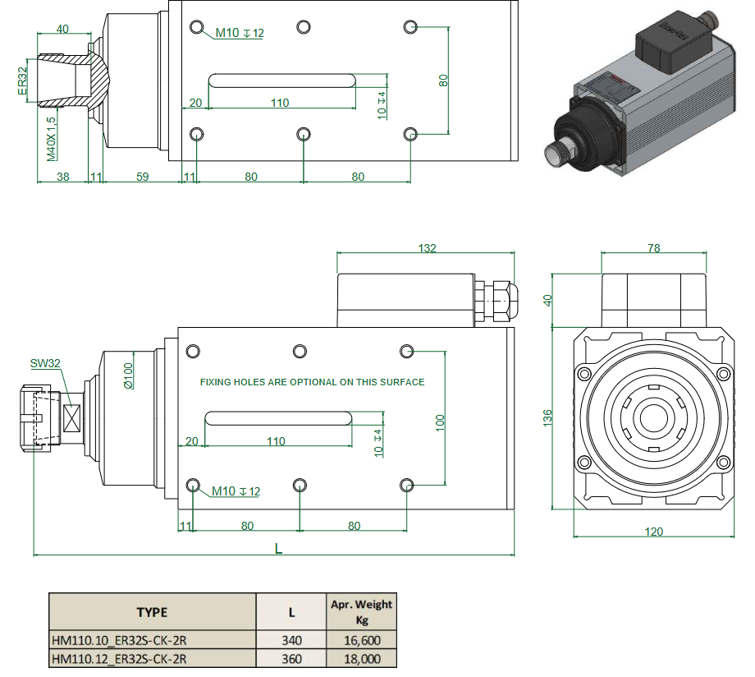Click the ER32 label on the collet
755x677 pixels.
tap(22, 81)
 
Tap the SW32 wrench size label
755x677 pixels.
tap(47, 362)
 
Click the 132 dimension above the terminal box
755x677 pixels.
tap(427, 248)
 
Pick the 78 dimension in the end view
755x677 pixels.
tap(653, 248)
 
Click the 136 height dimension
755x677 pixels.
tap(548, 417)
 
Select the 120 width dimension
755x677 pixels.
tap(653, 532)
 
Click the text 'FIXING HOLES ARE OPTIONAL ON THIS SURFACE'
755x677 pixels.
tap(313, 382)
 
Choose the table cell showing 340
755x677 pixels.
tap(291, 640)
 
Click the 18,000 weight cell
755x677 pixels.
tap(361, 658)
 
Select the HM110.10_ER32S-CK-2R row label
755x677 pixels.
tap(120, 640)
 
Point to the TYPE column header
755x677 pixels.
tap(152, 612)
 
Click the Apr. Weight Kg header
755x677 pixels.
tap(361, 611)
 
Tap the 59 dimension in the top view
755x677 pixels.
tap(142, 177)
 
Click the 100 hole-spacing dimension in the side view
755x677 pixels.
tap(440, 422)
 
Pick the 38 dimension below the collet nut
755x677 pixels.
tap(62, 177)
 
